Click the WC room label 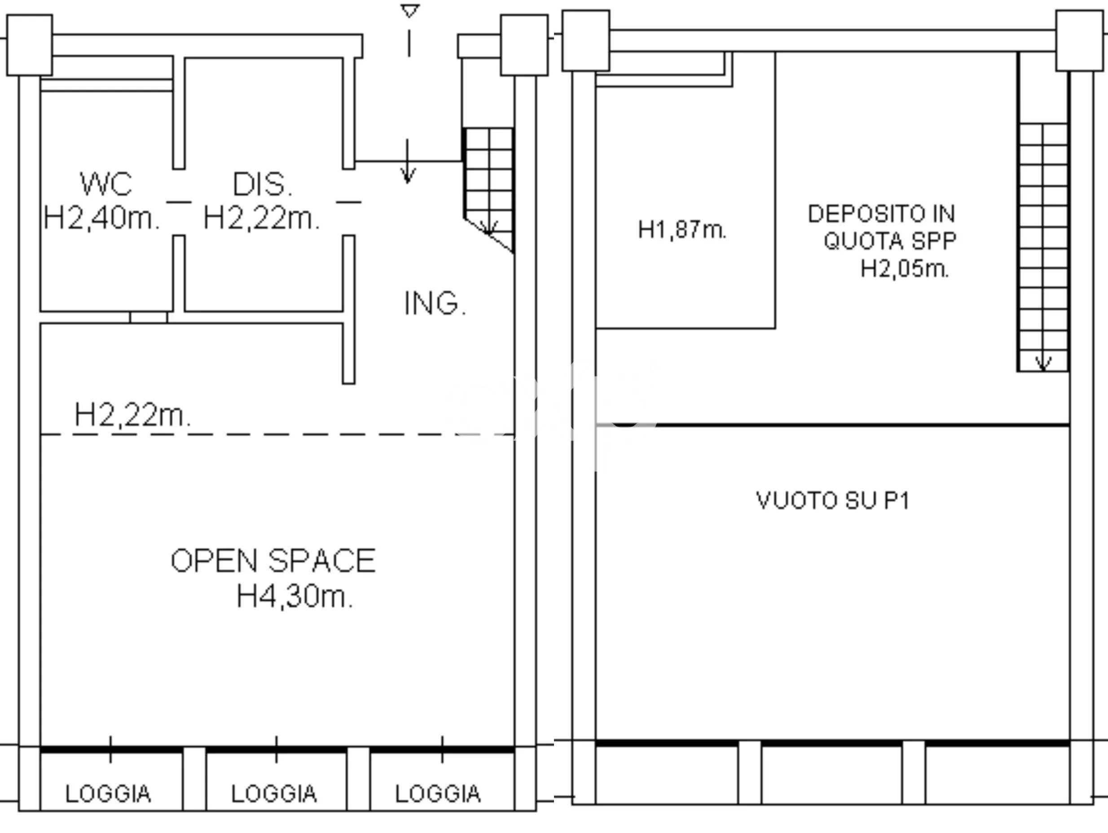point(106,184)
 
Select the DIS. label point(263,184)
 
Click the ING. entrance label point(435,303)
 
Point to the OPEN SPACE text point(273,561)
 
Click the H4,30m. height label point(295,596)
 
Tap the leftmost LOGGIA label point(108,794)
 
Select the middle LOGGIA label point(274,794)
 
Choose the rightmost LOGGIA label point(438,794)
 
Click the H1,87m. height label point(682,229)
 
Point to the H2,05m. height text point(905,269)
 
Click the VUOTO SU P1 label point(832,500)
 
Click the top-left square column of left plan point(30,45)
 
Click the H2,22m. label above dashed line point(132,415)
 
